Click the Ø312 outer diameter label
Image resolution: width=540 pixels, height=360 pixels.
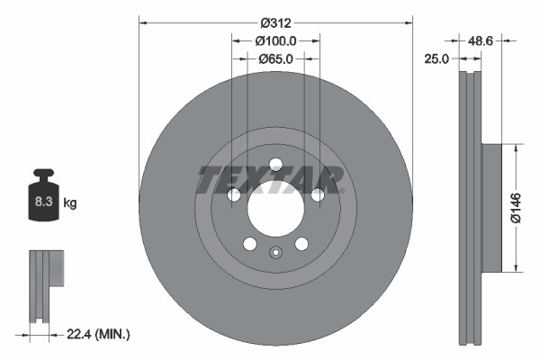click(x=274, y=23)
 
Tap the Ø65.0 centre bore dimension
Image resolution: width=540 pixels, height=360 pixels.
click(x=274, y=59)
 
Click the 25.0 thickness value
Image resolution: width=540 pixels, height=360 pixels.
click(x=438, y=59)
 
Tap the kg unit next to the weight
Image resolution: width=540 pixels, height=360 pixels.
click(x=70, y=203)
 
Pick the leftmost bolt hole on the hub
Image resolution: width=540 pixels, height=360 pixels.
click(x=233, y=194)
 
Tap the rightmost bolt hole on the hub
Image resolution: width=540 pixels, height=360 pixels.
click(x=317, y=194)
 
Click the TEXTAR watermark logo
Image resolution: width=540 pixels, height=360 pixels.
click(x=270, y=179)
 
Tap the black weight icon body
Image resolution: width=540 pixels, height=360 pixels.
click(x=43, y=196)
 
